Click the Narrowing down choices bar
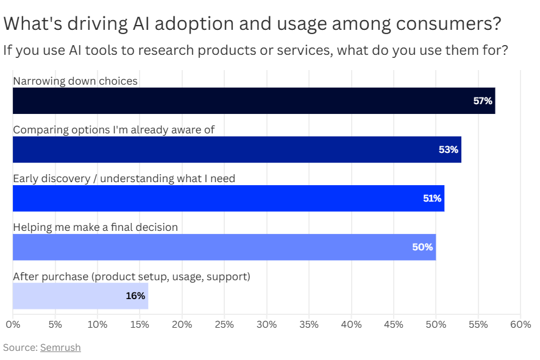tap(254, 101)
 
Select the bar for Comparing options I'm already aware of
tap(237, 149)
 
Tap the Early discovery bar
tap(229, 198)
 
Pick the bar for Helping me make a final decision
tap(224, 247)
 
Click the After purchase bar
tap(80, 296)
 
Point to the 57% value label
tap(483, 101)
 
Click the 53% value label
tap(449, 150)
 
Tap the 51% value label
tap(432, 198)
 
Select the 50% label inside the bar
tap(422, 247)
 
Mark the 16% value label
tap(135, 296)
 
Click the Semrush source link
tap(60, 348)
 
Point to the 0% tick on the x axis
tap(13, 325)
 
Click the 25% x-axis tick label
tap(224, 325)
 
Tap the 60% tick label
tap(520, 325)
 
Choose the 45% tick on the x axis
tap(394, 325)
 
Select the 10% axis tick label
tap(98, 325)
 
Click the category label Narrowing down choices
tap(75, 81)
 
